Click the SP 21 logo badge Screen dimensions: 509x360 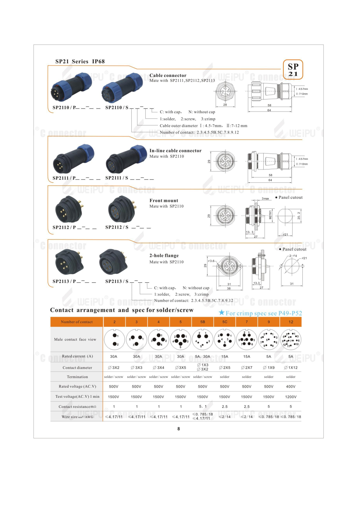click(293, 70)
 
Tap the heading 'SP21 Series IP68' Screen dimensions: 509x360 click(80, 61)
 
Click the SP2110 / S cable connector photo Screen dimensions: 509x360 click(122, 87)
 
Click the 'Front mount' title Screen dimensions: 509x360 click(164, 201)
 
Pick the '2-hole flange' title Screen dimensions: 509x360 click(164, 256)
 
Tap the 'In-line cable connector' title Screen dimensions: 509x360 click(175, 151)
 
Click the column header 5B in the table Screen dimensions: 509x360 click(203, 322)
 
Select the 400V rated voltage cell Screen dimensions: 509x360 click(291, 387)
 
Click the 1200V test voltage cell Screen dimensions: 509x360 click(291, 397)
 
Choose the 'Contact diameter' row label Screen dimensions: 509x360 click(77, 368)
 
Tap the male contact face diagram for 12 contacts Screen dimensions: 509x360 click(291, 339)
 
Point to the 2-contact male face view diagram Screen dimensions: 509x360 click(114, 339)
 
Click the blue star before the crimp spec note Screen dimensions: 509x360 click(222, 313)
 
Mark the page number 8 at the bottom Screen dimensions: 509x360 click(179, 429)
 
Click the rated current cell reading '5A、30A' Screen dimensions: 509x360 click(203, 356)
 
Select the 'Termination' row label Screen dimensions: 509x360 click(77, 377)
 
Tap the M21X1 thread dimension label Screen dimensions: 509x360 click(270, 215)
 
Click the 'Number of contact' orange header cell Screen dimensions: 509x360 click(77, 322)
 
